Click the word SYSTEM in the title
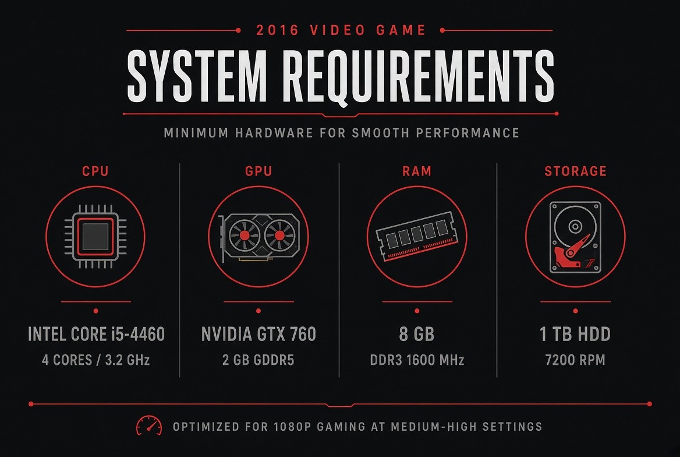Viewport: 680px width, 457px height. click(196, 75)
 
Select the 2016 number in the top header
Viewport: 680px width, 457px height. click(278, 30)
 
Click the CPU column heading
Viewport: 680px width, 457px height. click(95, 171)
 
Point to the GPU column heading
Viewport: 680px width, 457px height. click(258, 171)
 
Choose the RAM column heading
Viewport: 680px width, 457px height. click(417, 171)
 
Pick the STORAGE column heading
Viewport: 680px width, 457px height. click(575, 171)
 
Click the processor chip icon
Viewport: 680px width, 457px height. click(95, 237)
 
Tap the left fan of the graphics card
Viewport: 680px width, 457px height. click(245, 235)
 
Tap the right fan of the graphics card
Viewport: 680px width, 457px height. click(279, 235)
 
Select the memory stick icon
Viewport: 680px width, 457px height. click(417, 236)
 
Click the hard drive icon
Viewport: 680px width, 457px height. click(575, 237)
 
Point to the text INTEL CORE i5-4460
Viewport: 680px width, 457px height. click(96, 334)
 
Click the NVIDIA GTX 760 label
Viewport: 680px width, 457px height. click(259, 334)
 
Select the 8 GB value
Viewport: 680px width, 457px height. click(417, 334)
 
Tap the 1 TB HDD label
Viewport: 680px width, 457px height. click(575, 334)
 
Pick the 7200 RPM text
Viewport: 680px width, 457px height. click(575, 360)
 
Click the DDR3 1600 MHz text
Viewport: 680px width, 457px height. click(417, 360)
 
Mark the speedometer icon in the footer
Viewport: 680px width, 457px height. click(149, 426)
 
